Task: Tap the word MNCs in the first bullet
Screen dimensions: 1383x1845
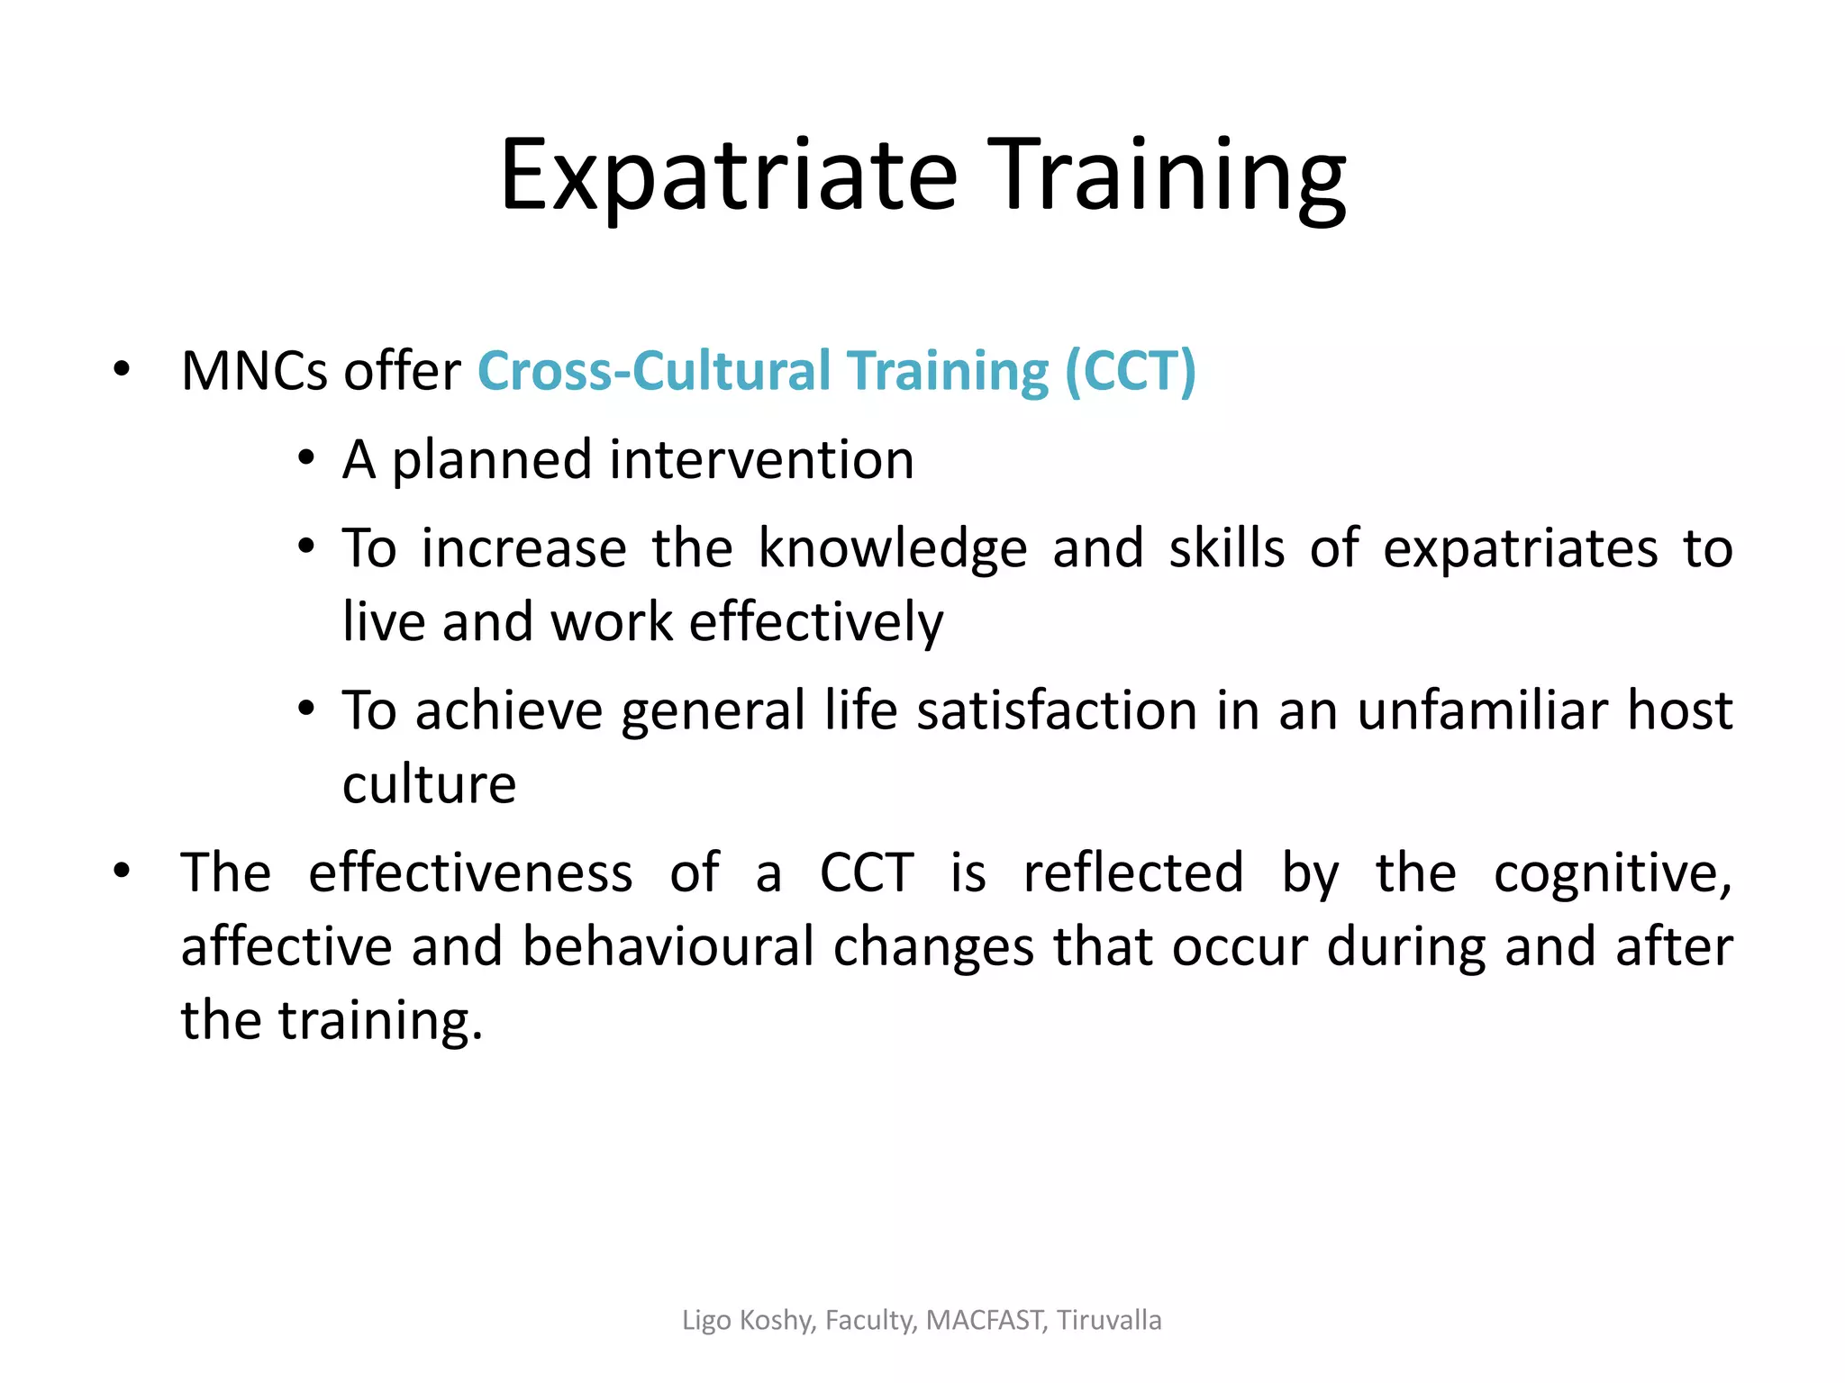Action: (254, 371)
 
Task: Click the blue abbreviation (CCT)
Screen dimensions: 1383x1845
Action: (1130, 371)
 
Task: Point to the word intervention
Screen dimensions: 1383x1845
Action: (761, 460)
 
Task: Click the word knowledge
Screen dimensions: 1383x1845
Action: (892, 549)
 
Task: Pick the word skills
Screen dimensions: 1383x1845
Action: (1226, 549)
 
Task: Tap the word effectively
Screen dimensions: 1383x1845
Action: (816, 622)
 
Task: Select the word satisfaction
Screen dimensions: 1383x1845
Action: (1059, 711)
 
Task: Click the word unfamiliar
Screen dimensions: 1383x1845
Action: (1483, 711)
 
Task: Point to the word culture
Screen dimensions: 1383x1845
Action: (430, 784)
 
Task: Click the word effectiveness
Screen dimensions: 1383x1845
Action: (470, 873)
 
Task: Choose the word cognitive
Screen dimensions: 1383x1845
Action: (1613, 873)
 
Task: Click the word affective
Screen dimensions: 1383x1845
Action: (286, 947)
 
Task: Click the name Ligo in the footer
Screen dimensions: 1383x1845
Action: (706, 1320)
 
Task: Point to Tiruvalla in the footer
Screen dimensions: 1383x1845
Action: (1109, 1320)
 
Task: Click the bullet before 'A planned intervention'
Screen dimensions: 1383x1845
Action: (307, 459)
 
